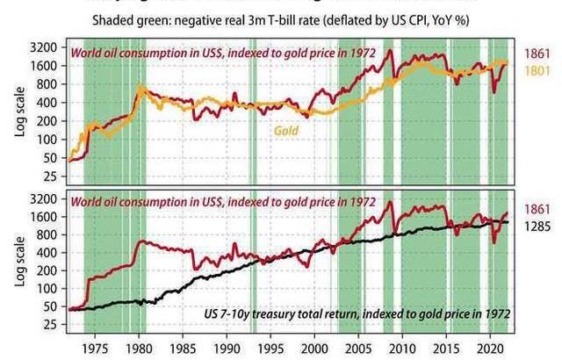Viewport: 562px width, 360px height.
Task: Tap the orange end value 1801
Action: tap(537, 70)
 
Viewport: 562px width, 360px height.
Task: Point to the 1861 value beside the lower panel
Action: tap(537, 209)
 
